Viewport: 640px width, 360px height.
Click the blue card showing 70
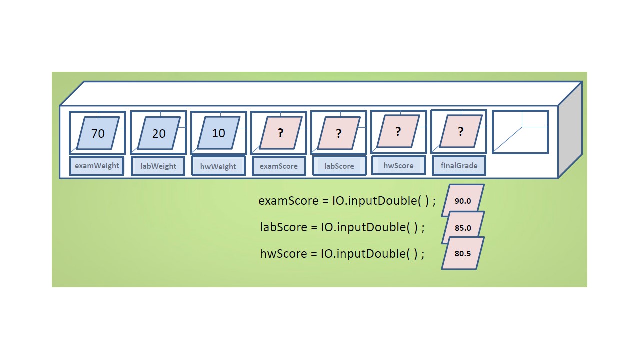98,133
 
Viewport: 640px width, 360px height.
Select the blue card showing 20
158,133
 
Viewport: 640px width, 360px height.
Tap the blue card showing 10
218,133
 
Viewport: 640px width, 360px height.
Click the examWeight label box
97,166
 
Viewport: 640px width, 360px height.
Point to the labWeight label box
158,166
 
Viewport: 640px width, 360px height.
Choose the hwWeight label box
218,166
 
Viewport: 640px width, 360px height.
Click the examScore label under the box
279,166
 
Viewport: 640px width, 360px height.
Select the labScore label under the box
339,166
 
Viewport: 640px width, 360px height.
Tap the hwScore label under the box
398,165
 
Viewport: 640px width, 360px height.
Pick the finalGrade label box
459,165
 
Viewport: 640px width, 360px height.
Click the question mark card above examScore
280,133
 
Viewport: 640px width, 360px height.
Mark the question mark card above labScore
339,133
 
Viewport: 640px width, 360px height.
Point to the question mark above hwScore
398,131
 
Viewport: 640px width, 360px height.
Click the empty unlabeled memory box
520,132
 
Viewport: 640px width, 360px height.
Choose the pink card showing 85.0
463,227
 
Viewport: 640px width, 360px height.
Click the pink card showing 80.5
463,253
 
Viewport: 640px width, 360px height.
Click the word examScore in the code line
288,201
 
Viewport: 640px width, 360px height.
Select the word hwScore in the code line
283,253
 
